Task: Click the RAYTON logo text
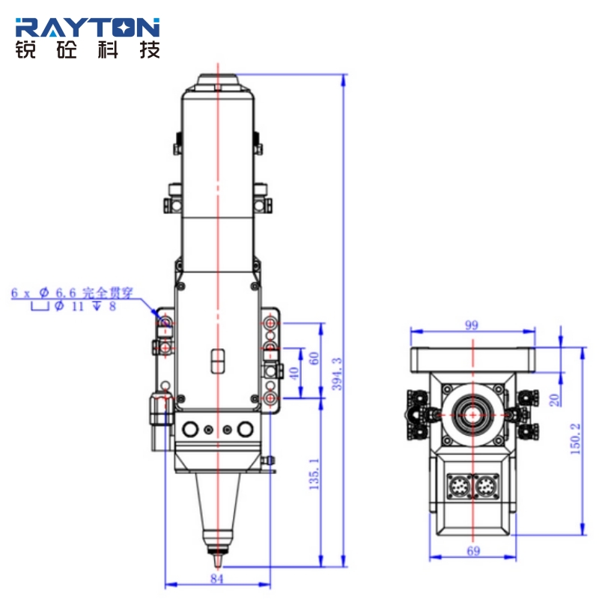pos(88,27)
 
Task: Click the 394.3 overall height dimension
pos(337,374)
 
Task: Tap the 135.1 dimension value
pos(314,474)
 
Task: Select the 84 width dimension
pos(216,578)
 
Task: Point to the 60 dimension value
pos(313,359)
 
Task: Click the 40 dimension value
pos(294,373)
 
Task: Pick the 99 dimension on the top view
pos(472,325)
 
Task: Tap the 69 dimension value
pos(473,551)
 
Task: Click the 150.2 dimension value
pos(575,439)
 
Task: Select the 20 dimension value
pos(554,400)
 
